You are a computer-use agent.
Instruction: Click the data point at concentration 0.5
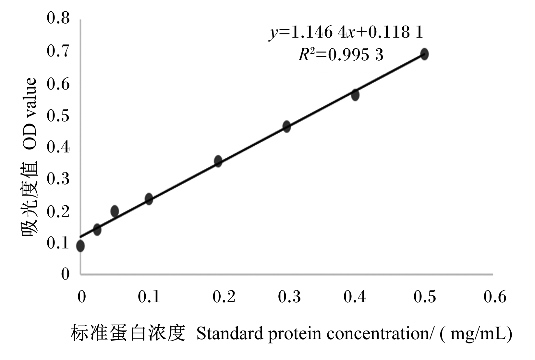coord(424,54)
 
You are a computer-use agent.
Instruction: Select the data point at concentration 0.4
coord(355,95)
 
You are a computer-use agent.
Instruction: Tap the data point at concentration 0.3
coord(286,126)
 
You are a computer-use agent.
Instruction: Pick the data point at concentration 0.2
coord(218,161)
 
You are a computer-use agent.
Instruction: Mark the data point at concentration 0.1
coord(149,199)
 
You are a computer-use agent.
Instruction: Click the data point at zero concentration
coord(80,246)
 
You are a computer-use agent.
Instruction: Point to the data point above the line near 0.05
coord(115,211)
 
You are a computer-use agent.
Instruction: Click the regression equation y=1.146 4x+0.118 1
coord(346,33)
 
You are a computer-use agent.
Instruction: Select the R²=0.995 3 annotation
coord(341,55)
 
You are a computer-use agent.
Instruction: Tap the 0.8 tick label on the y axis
coord(58,18)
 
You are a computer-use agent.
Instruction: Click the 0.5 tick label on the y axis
coord(58,116)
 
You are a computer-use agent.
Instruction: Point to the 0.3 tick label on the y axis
coord(58,179)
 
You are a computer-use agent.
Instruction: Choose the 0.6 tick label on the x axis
coord(495,297)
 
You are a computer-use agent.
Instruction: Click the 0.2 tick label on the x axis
coord(224,297)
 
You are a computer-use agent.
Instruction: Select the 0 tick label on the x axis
coord(82,297)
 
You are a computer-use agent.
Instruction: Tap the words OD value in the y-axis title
coord(29,114)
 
